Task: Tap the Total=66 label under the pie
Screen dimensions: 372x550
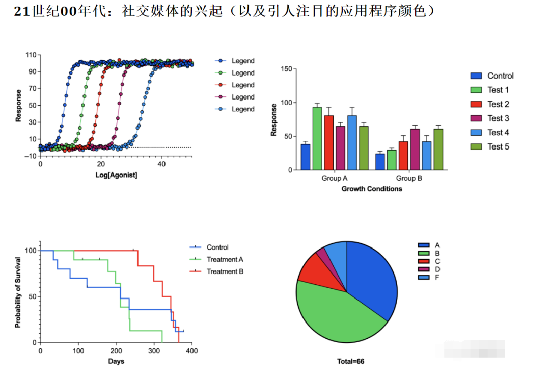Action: (350, 361)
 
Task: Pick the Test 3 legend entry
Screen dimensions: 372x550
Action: (498, 118)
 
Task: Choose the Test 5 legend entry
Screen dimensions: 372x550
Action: (498, 147)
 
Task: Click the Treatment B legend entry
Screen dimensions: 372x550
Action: (225, 271)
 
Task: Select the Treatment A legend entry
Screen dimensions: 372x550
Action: (225, 259)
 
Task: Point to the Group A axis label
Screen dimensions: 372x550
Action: (335, 179)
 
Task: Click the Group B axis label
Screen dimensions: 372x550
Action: (409, 179)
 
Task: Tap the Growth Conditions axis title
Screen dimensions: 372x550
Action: (372, 189)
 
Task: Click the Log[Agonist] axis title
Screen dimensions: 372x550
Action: (116, 175)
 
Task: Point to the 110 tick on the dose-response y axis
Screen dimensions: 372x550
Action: (31, 55)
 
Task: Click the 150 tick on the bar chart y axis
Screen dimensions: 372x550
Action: (286, 69)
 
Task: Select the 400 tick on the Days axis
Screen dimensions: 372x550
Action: (191, 351)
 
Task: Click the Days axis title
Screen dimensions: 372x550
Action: (116, 361)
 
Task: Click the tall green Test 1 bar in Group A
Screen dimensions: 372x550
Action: (317, 138)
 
